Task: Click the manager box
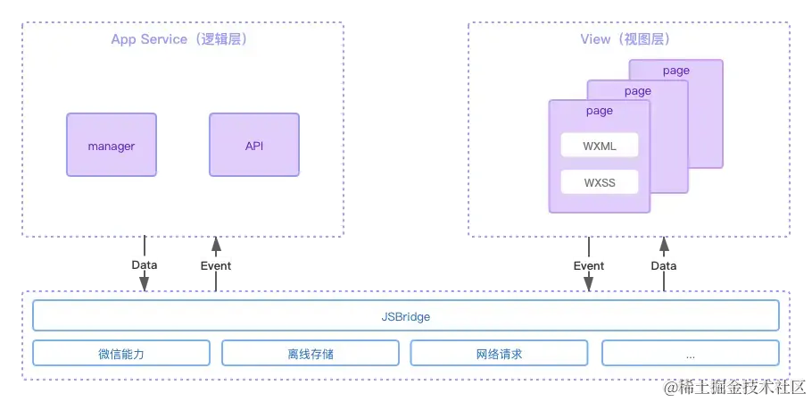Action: coord(112,145)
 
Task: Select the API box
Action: coord(254,145)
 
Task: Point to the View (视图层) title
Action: coord(626,39)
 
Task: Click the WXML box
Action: coord(600,146)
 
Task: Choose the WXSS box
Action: coord(600,183)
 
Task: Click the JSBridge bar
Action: coord(406,316)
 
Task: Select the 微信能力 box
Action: coord(121,354)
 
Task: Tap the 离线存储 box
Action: coord(311,354)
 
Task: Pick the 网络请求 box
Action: coord(500,354)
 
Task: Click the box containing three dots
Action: coord(691,354)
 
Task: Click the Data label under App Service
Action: coord(144,265)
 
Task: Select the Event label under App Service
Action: coord(216,265)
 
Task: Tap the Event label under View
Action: coord(589,265)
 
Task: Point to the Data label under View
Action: coord(663,265)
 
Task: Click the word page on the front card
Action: coord(600,111)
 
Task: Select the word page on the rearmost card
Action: coord(676,71)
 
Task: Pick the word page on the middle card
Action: coord(638,91)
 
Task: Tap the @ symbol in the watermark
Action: coord(671,387)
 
